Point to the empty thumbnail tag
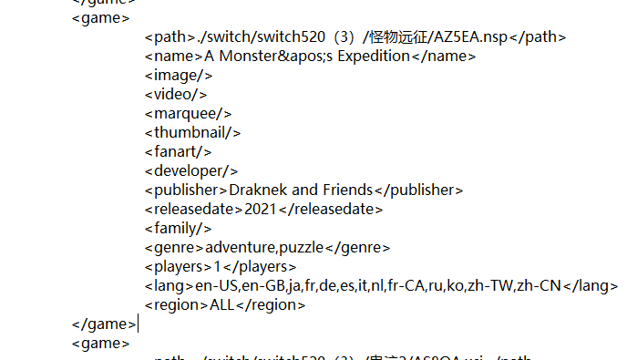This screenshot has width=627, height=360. pos(192,133)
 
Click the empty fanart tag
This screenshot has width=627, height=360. pos(178,152)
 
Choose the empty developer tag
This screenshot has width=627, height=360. pos(191,171)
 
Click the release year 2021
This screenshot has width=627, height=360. pos(261,210)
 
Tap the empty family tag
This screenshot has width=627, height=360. pos(178,229)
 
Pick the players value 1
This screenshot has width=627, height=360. pos(218,267)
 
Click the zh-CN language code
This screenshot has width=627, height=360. pos(539,286)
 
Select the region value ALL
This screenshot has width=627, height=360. pos(222,305)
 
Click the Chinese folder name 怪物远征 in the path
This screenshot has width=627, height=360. pos(402,37)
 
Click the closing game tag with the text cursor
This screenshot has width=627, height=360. pos(104,324)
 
